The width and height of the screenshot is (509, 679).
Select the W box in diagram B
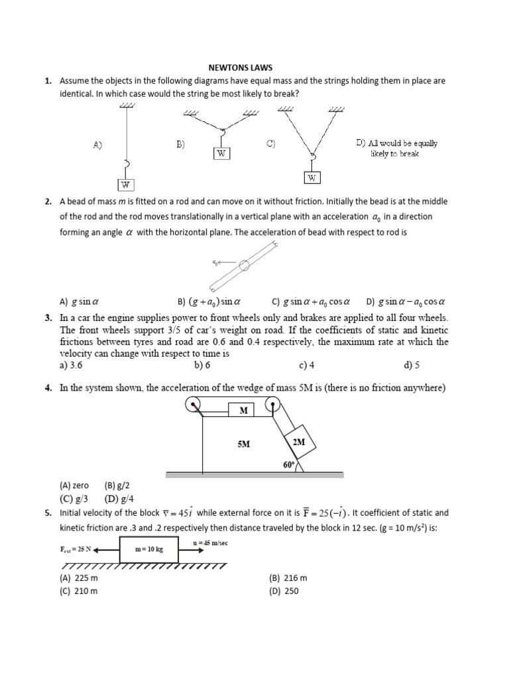point(221,153)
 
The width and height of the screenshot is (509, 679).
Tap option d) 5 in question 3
point(412,365)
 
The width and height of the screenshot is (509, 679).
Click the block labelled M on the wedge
point(243,410)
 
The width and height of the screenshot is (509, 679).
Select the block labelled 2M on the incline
point(298,442)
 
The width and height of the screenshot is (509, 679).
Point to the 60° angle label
point(288,465)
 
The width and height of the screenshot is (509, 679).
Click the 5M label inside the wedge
point(243,444)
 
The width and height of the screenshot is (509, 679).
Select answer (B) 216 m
point(288,578)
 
